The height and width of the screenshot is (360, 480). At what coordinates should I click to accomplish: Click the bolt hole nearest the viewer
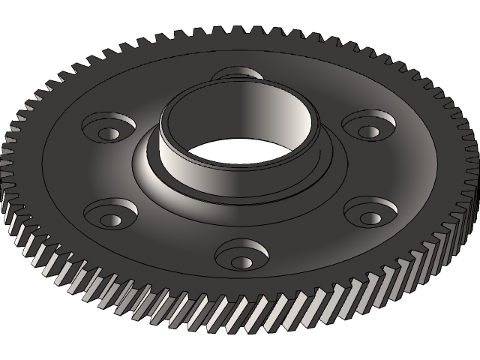click(x=241, y=254)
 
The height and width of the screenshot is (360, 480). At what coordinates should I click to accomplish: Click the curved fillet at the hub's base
click(x=150, y=172)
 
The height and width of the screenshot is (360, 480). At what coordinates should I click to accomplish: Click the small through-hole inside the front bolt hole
click(x=242, y=262)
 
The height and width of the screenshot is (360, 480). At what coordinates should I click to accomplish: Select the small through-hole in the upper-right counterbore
click(x=368, y=131)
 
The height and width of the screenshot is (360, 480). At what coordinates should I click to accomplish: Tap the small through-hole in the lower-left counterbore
click(x=110, y=220)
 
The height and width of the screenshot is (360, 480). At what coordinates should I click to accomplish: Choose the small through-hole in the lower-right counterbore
click(x=370, y=218)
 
